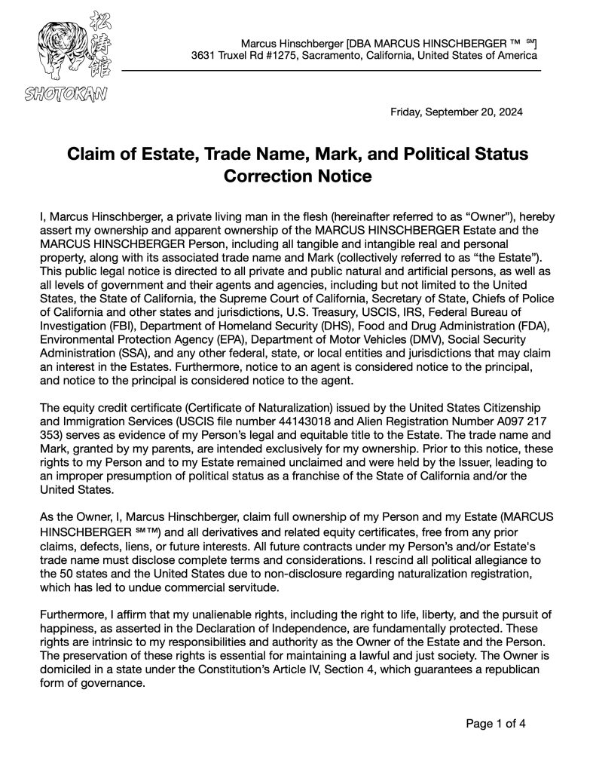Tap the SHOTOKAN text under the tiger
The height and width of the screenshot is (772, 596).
[66, 93]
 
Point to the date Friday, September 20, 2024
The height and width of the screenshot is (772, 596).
[456, 112]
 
